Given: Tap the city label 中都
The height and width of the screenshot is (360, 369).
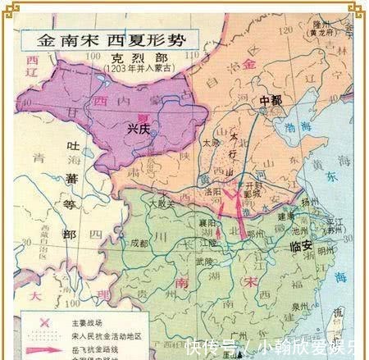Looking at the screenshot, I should point(270,101).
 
